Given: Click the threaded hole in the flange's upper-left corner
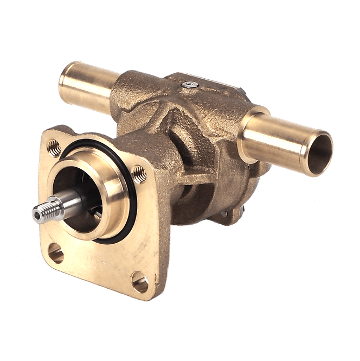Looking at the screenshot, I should click(x=53, y=145).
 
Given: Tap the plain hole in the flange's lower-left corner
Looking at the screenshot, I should click(x=55, y=252).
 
